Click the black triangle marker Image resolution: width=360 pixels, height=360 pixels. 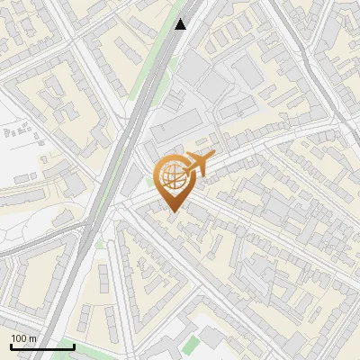[181, 24]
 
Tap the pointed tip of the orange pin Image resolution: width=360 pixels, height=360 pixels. [173, 211]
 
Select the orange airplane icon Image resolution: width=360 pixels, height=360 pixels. [200, 164]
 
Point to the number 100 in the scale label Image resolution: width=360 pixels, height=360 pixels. [19, 338]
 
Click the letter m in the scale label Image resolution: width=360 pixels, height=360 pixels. [32, 338]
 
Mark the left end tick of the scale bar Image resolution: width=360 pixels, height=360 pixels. [11, 346]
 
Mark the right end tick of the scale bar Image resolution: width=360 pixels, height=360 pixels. [73, 346]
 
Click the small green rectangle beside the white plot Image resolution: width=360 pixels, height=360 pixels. [190, 345]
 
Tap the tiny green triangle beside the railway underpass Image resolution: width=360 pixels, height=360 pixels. [100, 243]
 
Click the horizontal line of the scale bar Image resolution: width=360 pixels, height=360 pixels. [41, 346]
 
